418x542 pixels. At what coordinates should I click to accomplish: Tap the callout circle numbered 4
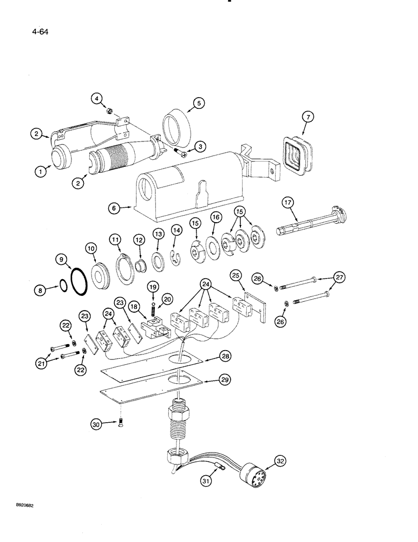pos(96,99)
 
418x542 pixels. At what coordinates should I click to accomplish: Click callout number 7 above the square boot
pos(306,117)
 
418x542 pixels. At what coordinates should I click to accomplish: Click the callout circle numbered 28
pos(226,356)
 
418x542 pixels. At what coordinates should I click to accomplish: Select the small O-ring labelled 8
pos(64,285)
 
